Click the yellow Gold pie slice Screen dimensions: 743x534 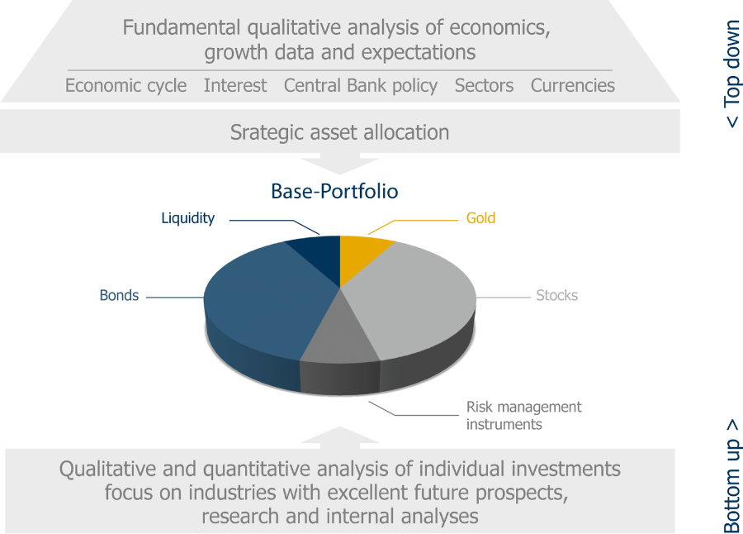coord(359,257)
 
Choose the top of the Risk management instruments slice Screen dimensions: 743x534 coord(340,340)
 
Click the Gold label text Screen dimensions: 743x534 coord(480,218)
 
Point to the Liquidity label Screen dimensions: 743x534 coord(187,218)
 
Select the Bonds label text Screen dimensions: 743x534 coord(119,295)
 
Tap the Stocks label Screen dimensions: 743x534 coord(556,295)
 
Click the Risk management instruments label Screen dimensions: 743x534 coord(523,415)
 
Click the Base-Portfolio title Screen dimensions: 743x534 coord(334,191)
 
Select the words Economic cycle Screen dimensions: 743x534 coord(125,85)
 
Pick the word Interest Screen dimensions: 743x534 coord(235,85)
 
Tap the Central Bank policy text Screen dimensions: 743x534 coord(361,86)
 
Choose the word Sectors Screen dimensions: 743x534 coord(484,85)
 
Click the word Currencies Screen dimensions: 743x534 coord(572,85)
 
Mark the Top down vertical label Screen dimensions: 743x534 coord(731,74)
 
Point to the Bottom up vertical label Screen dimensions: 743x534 coord(731,475)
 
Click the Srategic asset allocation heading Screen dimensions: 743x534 coord(339,132)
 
